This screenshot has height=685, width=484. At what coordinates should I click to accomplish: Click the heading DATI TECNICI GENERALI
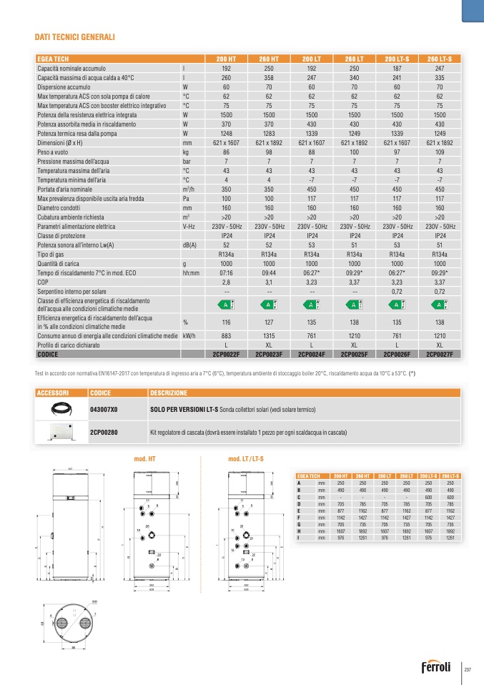click(x=75, y=36)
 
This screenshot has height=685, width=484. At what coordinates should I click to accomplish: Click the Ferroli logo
click(x=440, y=669)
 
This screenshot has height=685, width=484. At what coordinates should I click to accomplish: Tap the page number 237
click(x=469, y=669)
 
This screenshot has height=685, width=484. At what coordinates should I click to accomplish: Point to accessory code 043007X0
click(x=105, y=408)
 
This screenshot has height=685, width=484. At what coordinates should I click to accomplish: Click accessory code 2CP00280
click(x=104, y=432)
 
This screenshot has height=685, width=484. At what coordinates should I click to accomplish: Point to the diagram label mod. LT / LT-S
click(x=246, y=458)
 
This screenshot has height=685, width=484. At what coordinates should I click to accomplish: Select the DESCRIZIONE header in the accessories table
click(x=169, y=393)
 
